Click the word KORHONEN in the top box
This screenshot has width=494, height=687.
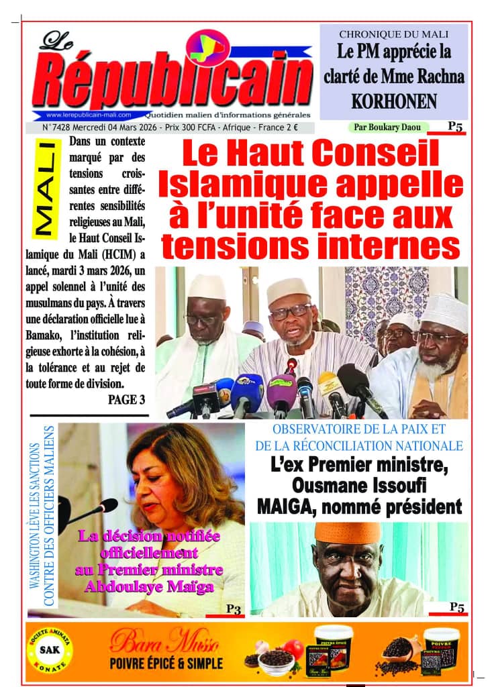[x=393, y=101]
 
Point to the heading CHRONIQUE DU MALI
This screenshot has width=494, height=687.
[x=393, y=34]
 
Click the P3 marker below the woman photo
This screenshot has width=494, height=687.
[x=233, y=609]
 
